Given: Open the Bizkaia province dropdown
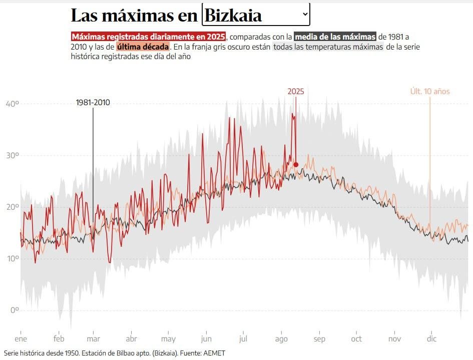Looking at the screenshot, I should coord(255,15).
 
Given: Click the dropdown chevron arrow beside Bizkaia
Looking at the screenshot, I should coord(305,15).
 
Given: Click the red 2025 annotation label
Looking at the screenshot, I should coord(295,91).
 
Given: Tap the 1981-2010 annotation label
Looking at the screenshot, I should coord(93,103).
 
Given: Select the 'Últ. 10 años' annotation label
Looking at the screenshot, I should coord(429,91).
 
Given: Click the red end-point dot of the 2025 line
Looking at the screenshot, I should coord(296,165).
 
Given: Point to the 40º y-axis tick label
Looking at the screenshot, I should coord(12,104).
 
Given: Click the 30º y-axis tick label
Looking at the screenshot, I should coord(12,155).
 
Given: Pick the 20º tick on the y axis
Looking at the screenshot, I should coord(12,207).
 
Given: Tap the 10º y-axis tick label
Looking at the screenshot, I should coord(12,258).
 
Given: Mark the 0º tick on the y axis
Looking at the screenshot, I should coord(14,310).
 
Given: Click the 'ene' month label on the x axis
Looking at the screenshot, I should coord(21,339).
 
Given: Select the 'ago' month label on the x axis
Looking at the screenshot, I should coord(281,339).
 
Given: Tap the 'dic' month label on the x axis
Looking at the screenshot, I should coord(431,339).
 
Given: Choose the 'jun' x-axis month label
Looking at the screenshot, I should coord(206,339).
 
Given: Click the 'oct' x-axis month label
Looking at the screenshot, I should coord(356,339).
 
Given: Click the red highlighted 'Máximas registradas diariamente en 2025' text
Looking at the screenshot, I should coord(149,37).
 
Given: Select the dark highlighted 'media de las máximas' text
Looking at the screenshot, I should coord(335,37).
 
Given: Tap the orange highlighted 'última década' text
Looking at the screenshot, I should coord(143,47).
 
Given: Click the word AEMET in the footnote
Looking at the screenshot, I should coord(214,353).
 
